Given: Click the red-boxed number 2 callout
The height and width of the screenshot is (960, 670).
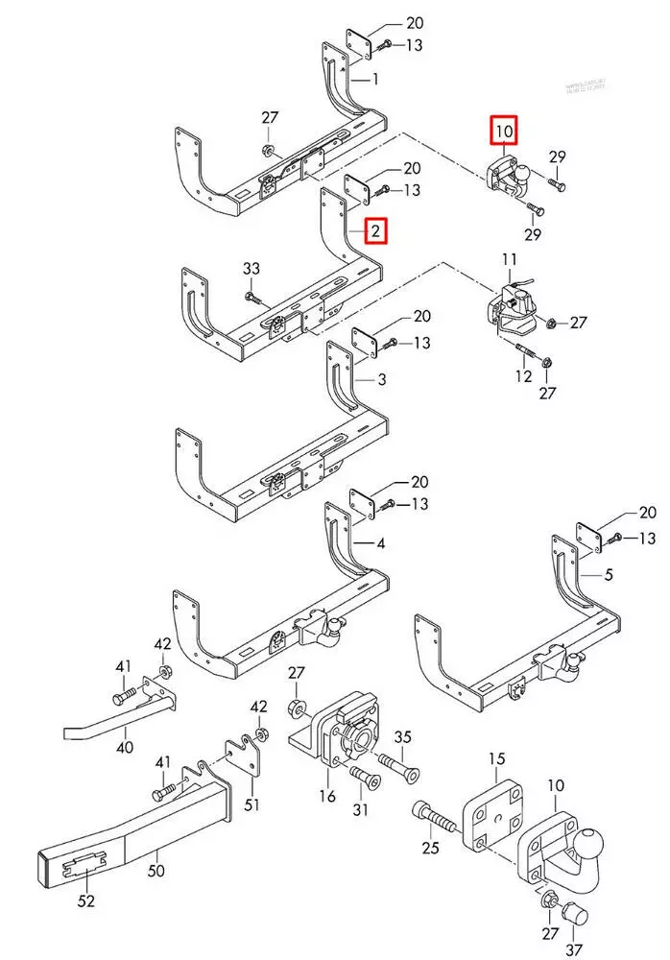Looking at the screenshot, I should [375, 231].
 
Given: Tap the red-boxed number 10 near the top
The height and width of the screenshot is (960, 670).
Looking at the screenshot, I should [505, 129].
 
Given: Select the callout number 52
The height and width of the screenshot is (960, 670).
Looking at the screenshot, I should [87, 900].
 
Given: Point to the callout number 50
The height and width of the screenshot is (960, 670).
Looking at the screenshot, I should [156, 872].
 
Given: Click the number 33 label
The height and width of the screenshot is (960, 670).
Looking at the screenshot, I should [251, 269].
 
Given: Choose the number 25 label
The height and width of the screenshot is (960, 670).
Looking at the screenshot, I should [430, 847].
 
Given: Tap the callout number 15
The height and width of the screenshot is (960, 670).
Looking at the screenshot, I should [495, 759].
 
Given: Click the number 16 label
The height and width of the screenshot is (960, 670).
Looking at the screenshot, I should [327, 796].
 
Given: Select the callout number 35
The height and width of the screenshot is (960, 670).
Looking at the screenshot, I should [403, 737].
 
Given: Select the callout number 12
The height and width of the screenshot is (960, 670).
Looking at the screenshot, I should [523, 376].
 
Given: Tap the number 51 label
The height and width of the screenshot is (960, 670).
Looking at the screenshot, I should [251, 804].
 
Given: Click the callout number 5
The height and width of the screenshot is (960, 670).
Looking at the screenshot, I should [608, 577].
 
